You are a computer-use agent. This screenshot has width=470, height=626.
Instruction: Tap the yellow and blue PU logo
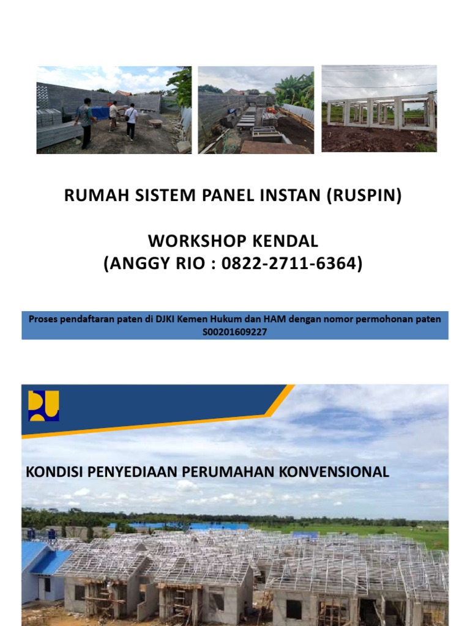[43, 406]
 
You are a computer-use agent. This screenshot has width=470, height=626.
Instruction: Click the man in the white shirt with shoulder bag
[131, 120]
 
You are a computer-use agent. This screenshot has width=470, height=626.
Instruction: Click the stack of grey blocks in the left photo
[49, 117]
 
